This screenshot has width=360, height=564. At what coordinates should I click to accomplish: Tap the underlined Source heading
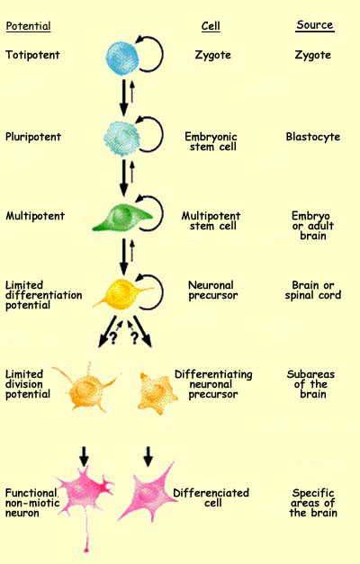314,26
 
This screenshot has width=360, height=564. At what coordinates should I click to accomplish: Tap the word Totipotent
31,55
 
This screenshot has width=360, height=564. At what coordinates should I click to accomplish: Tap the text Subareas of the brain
314,384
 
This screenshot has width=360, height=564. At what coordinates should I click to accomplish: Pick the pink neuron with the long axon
83,495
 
